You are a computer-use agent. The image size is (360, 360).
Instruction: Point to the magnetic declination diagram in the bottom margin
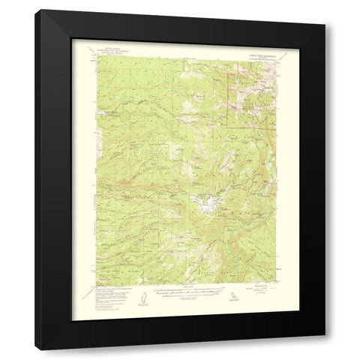(137, 298)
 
